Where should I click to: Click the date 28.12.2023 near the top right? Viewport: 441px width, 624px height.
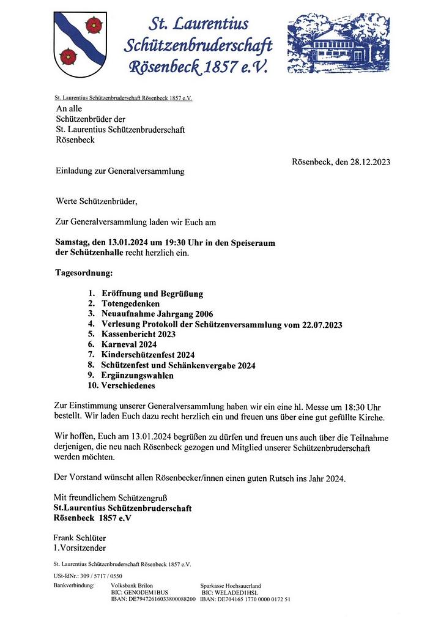(367, 162)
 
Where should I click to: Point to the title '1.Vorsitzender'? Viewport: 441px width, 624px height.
(80, 548)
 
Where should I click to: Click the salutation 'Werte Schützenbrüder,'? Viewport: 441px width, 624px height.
(97, 201)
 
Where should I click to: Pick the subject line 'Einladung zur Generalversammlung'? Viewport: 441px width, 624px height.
(120, 172)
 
